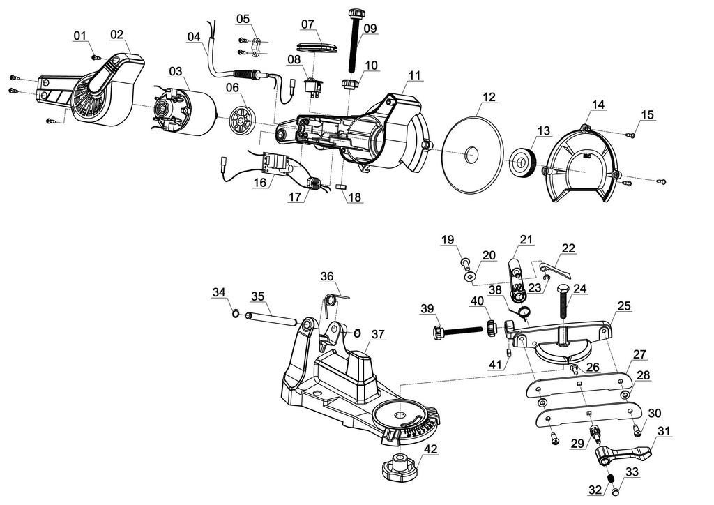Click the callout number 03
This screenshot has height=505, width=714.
(x=175, y=71)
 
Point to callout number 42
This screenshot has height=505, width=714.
(x=431, y=450)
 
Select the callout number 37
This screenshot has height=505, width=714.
(x=377, y=334)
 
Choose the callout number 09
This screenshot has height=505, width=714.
(x=370, y=28)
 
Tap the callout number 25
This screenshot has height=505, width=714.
(x=624, y=306)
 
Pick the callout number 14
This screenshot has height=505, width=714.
(x=598, y=105)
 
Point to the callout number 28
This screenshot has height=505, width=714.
(x=643, y=375)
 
